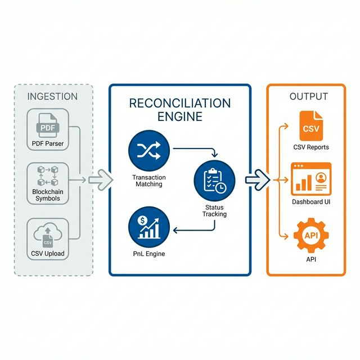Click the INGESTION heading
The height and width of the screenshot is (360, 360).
tap(52, 96)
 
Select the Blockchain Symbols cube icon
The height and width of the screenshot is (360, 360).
tap(48, 175)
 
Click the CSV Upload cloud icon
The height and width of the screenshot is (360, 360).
tap(48, 234)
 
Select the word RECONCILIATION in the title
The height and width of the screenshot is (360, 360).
tap(180, 103)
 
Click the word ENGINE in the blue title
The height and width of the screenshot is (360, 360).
tap(180, 117)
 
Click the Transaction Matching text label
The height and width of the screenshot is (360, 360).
tap(148, 181)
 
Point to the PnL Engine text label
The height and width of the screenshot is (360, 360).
tap(148, 254)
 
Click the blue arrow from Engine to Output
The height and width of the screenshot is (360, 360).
tap(258, 180)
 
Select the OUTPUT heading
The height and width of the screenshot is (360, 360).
tap(308, 96)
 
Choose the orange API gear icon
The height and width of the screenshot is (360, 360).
tap(311, 236)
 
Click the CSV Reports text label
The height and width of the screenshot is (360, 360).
tap(311, 147)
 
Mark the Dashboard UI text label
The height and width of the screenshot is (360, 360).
tap(311, 201)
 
